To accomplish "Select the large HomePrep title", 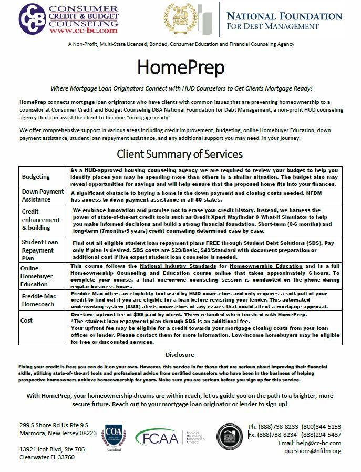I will (180, 67).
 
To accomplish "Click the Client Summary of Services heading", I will (180, 155).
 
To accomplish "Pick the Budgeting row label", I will (36, 177).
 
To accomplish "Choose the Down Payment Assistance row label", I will (43, 196).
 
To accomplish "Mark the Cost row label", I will (27, 320).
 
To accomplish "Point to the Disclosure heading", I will (180, 355).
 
